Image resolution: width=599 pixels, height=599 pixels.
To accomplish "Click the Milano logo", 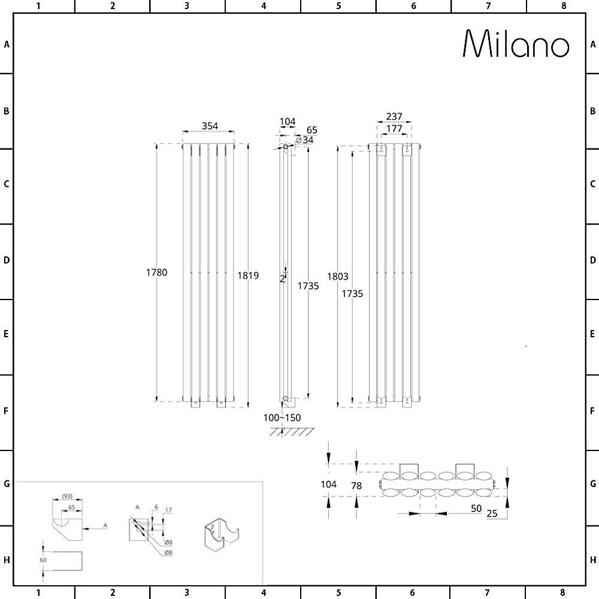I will (516, 44).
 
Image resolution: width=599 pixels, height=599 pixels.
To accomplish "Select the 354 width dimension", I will (210, 126).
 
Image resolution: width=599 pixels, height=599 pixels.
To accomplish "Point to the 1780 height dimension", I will (156, 273).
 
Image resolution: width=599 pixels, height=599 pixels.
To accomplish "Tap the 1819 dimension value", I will (248, 276).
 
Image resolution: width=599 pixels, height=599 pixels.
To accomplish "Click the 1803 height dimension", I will (338, 276).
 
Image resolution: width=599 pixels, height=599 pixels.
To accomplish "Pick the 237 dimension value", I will (394, 116).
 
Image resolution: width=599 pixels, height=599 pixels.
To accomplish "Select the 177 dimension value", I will (394, 128).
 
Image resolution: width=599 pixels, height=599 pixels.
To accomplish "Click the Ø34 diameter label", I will (305, 140).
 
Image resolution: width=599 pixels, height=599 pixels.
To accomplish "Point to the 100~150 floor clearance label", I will (283, 418).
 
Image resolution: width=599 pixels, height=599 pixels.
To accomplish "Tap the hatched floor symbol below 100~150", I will (292, 432).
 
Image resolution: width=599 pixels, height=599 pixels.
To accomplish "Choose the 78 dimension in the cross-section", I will (356, 486).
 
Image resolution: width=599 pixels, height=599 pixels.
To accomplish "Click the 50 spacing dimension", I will (477, 509).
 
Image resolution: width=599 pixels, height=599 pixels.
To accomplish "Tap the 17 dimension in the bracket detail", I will (168, 510).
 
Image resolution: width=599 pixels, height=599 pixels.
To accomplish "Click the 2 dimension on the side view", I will (282, 279).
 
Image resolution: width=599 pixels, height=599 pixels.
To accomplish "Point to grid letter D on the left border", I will (6, 261).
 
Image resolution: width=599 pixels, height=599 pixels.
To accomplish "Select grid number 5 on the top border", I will (338, 6).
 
